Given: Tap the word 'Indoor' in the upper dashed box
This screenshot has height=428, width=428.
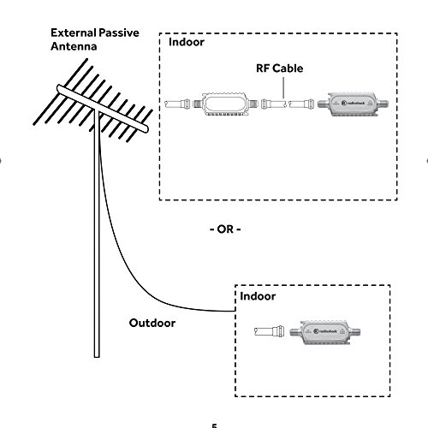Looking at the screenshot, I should pos(187,41).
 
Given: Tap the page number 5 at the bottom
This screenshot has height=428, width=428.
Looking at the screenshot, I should pos(214,424).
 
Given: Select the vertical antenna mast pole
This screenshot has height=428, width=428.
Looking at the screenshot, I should pos(94,257).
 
